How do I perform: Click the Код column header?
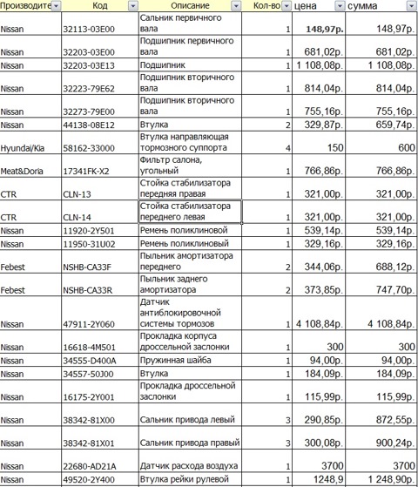click(99, 7)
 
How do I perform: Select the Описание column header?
click(182, 7)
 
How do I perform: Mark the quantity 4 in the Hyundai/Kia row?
click(287, 149)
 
